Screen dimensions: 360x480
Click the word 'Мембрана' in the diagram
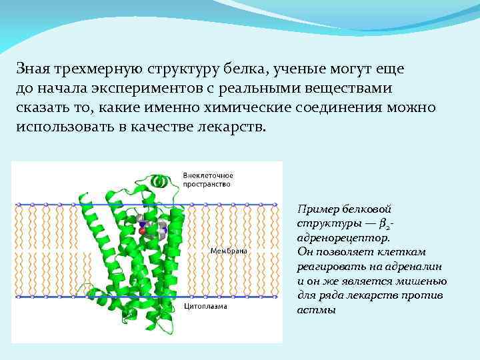(229, 251)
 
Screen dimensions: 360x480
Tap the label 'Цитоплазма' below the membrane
(206, 307)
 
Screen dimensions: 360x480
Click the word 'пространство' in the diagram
(207, 184)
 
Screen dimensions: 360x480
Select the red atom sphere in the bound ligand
(142, 231)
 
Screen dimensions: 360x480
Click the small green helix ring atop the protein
(158, 181)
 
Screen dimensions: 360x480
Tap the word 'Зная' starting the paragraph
(31, 69)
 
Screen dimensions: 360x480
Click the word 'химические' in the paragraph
(279, 107)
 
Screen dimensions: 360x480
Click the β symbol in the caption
(383, 223)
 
